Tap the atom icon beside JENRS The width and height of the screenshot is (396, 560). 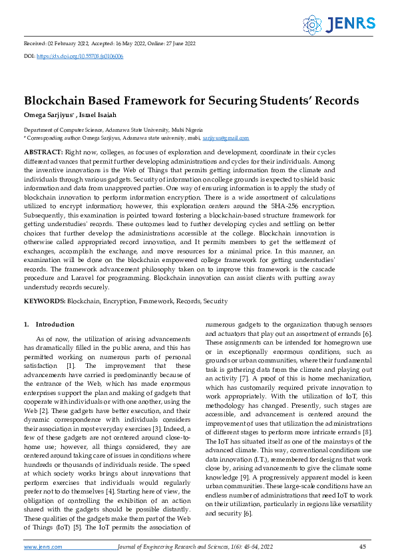click(x=312, y=25)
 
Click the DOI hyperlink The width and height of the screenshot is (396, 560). click(x=80, y=57)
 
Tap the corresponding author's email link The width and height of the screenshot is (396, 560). click(x=226, y=138)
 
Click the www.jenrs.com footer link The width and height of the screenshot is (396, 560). click(x=43, y=547)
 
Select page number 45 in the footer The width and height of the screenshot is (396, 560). click(x=363, y=547)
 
